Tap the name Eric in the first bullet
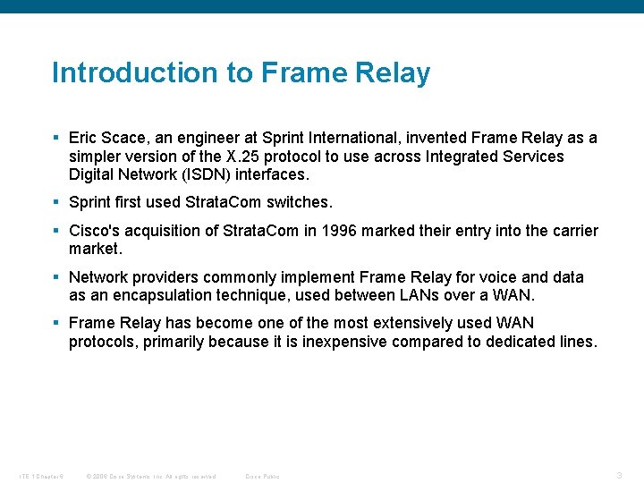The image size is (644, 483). (x=85, y=138)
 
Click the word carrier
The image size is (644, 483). (x=572, y=231)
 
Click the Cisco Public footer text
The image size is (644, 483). (x=262, y=476)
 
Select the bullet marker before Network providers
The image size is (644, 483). (x=55, y=277)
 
